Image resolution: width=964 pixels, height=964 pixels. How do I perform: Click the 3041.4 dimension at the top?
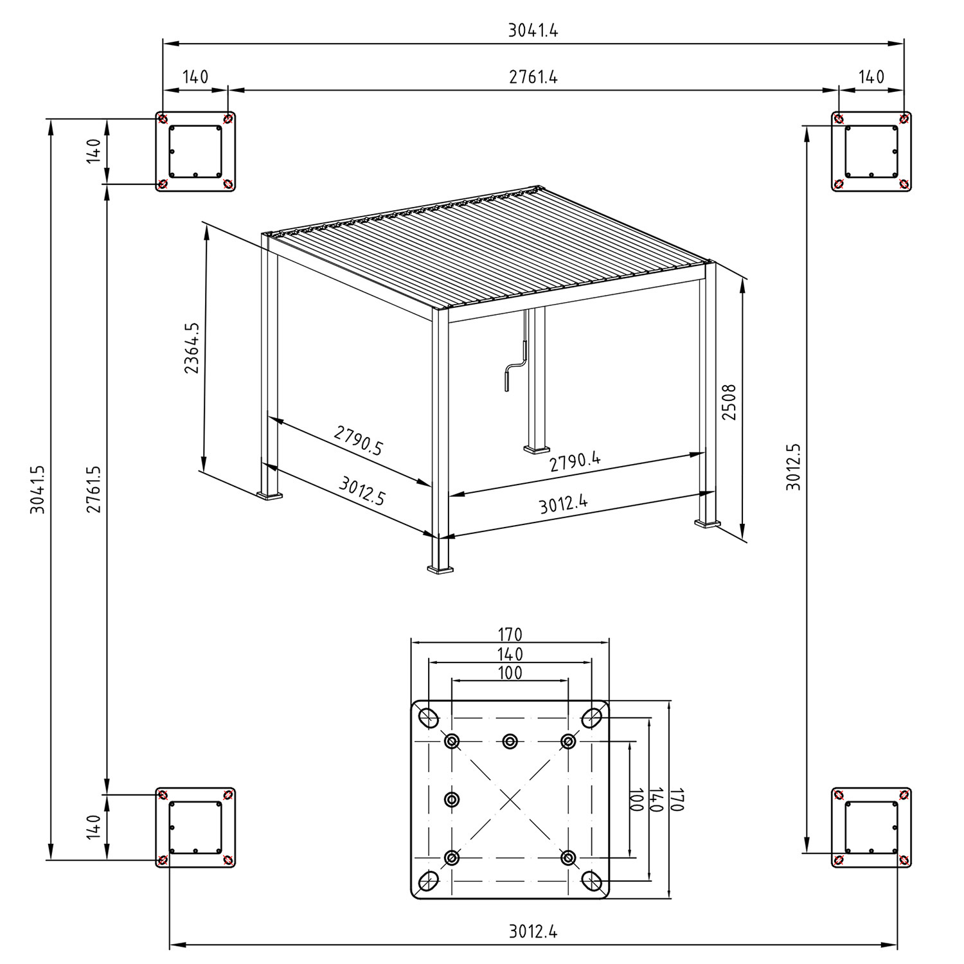(x=533, y=30)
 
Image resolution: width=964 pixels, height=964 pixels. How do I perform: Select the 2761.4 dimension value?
(x=533, y=77)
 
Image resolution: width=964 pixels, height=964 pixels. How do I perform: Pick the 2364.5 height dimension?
(x=192, y=348)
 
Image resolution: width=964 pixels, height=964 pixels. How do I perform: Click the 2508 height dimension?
(x=729, y=402)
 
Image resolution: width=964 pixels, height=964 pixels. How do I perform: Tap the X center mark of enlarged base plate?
(x=510, y=799)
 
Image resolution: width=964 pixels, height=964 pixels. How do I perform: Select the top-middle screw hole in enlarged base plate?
(x=510, y=742)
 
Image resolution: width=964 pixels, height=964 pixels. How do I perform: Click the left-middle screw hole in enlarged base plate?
(x=452, y=799)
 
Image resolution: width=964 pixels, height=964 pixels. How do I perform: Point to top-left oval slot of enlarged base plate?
(x=428, y=717)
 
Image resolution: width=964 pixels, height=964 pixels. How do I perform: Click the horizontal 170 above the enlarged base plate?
(x=510, y=635)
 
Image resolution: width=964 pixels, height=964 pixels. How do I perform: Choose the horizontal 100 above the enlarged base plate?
(x=510, y=674)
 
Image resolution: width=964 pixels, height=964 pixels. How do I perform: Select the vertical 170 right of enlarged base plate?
(x=677, y=799)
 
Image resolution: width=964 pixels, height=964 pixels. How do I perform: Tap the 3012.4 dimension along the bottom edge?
(x=533, y=931)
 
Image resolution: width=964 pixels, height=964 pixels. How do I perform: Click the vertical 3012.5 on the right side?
(x=794, y=467)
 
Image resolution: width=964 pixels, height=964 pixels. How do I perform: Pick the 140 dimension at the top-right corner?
(x=871, y=77)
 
